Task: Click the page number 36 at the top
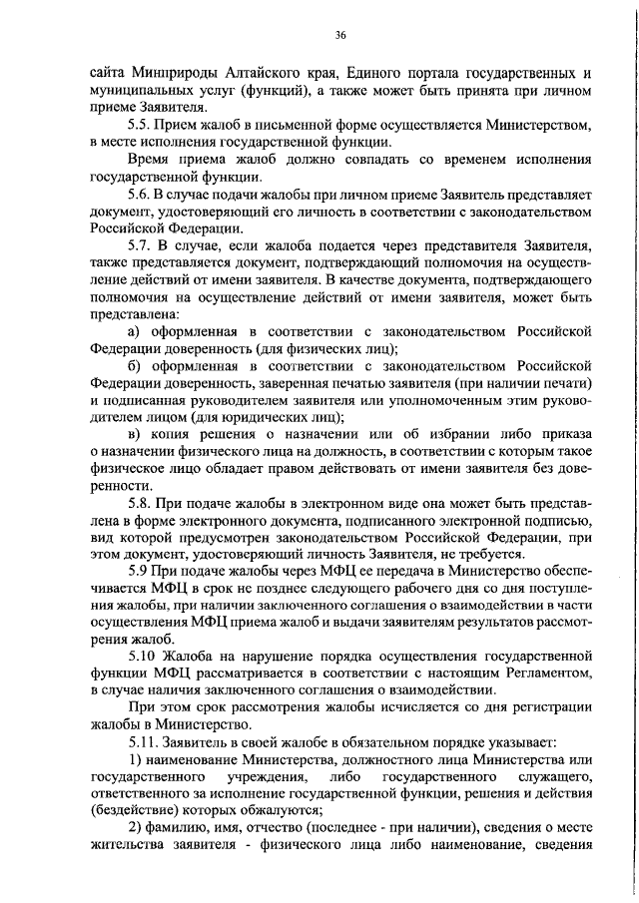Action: tap(340, 36)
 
